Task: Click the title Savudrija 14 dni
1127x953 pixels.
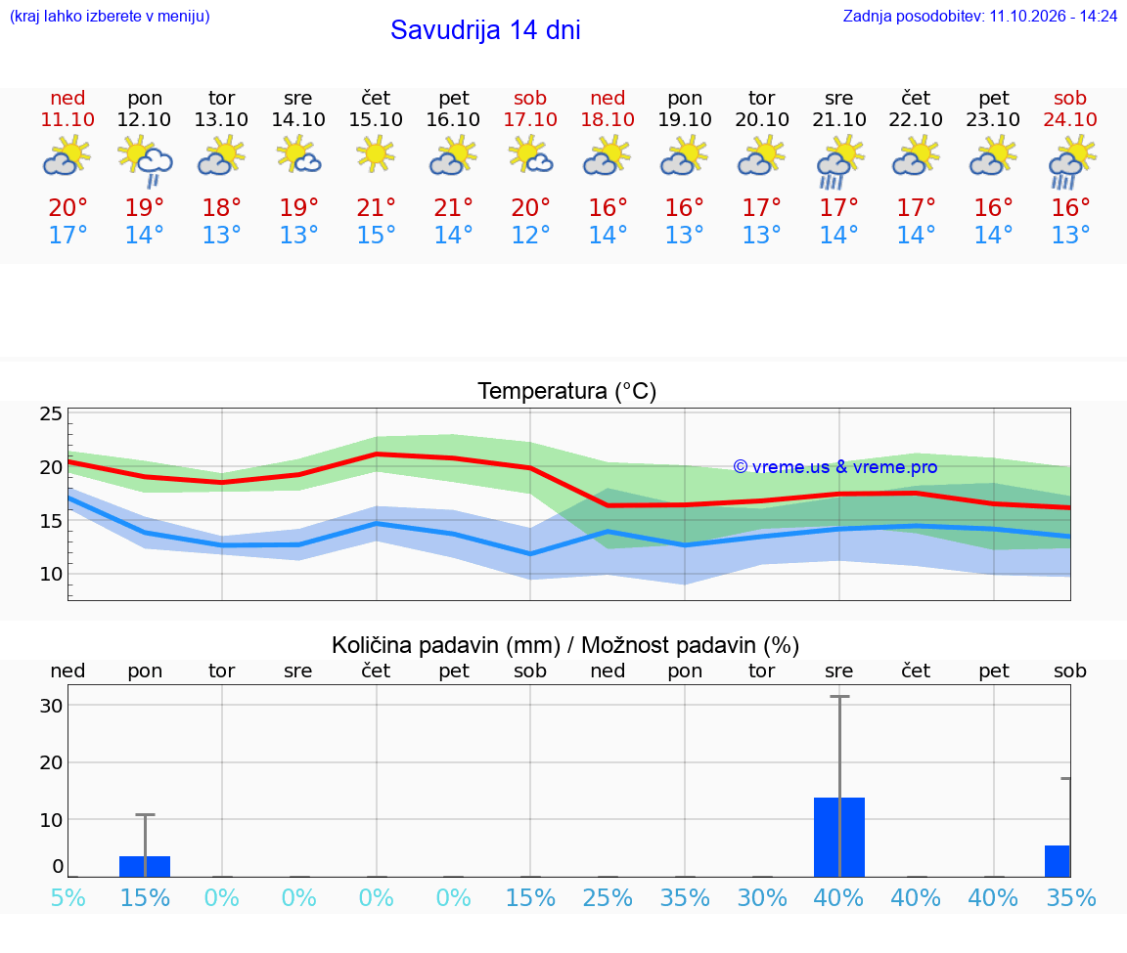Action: point(485,30)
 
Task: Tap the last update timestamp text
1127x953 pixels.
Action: point(979,16)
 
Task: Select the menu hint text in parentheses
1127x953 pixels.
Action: point(110,17)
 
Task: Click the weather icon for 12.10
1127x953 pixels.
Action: point(145,161)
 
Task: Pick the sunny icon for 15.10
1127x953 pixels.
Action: point(376,153)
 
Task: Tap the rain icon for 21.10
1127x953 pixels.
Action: point(838,162)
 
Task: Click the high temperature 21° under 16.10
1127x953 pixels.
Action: point(454,207)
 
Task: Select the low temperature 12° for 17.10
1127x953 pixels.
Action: point(530,235)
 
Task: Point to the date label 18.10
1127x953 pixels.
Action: point(608,119)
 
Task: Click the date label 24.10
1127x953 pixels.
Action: point(1070,119)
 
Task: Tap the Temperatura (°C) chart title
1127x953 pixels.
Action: point(567,391)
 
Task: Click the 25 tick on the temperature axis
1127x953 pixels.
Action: point(51,413)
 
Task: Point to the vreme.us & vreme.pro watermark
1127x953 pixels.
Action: point(835,467)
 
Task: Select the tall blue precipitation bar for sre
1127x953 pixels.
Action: point(838,837)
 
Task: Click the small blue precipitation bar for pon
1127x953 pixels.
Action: point(145,866)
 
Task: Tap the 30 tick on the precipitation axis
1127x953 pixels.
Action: point(51,706)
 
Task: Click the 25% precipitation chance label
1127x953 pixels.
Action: point(608,897)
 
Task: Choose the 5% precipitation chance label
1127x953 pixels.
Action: point(68,897)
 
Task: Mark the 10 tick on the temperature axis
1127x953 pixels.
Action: point(51,574)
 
